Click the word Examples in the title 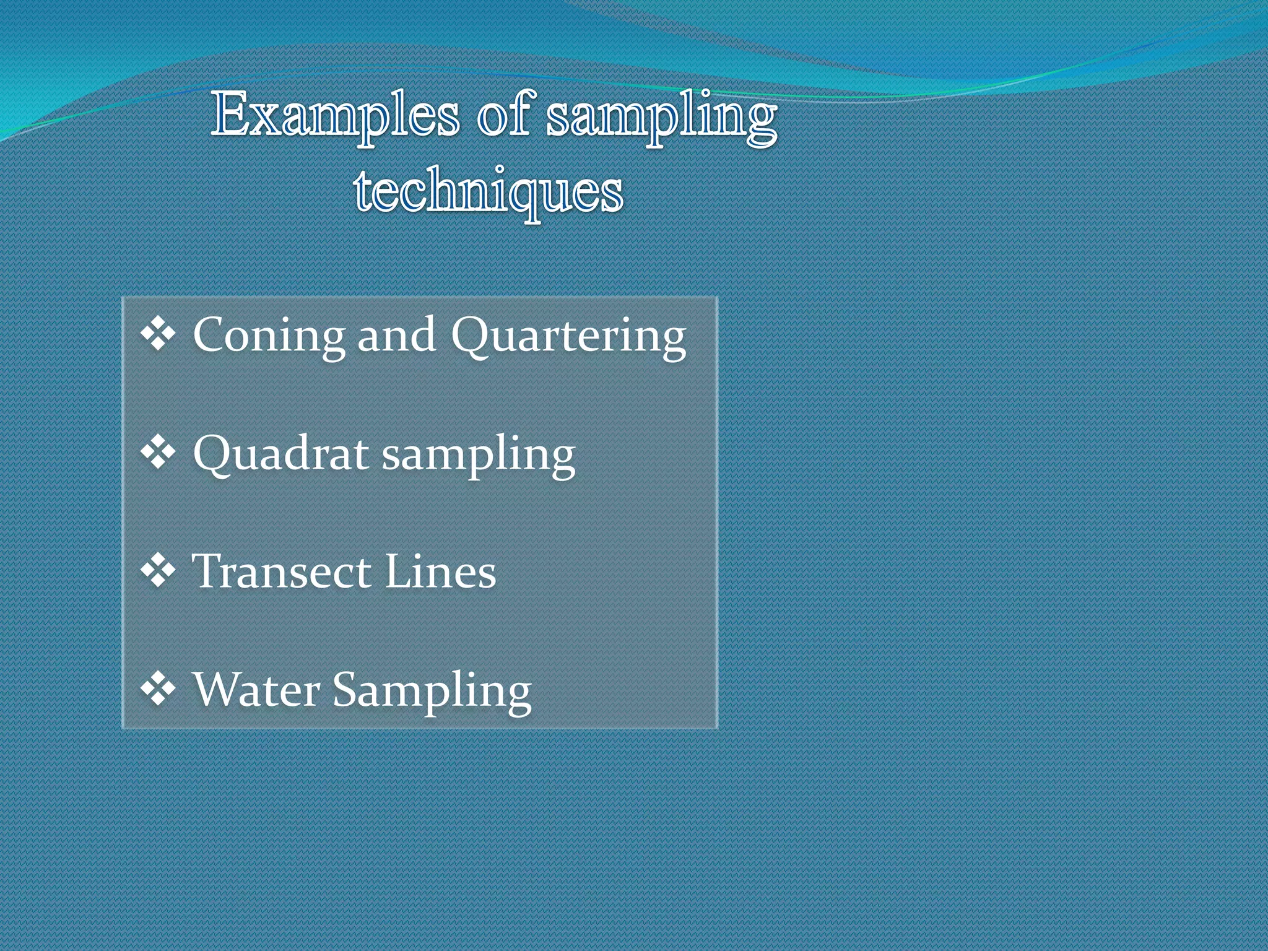(335, 116)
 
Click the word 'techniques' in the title (489, 191)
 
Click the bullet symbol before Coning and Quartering (158, 335)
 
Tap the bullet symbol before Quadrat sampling (158, 453)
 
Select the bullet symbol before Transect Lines (158, 571)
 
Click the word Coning (269, 336)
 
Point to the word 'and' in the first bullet (396, 336)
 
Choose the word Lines (440, 571)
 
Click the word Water (257, 689)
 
